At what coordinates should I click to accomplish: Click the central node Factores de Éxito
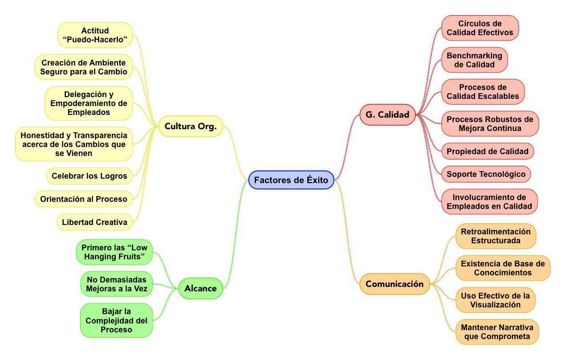(291, 180)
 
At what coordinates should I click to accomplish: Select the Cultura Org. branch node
(190, 126)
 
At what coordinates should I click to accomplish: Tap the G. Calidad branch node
(387, 115)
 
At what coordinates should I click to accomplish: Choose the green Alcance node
(200, 288)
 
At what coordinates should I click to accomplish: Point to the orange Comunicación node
(395, 284)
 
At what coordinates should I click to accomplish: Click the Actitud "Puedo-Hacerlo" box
(95, 36)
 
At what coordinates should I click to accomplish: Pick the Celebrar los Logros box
(89, 176)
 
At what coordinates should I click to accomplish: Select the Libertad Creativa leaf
(94, 222)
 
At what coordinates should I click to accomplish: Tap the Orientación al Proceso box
(83, 199)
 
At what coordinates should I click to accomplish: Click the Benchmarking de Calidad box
(474, 60)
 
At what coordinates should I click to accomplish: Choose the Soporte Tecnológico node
(486, 174)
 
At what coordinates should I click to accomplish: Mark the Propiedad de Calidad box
(487, 151)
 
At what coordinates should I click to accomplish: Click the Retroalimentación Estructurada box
(496, 236)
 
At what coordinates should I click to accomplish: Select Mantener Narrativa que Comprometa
(497, 332)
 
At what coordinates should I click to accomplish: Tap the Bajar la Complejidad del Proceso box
(116, 320)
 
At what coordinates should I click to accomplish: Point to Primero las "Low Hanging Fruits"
(114, 252)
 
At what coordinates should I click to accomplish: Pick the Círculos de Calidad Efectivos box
(480, 28)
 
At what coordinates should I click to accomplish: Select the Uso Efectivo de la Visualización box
(495, 300)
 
